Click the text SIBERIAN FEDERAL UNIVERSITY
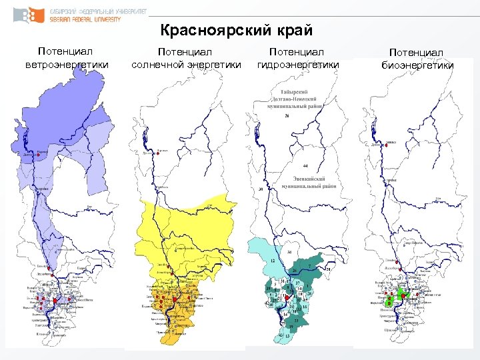pyautogui.click(x=85, y=20)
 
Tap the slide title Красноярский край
pyautogui.click(x=236, y=31)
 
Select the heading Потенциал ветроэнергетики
pyautogui.click(x=65, y=58)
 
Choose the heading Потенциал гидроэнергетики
pyautogui.click(x=297, y=58)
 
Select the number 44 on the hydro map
pyautogui.click(x=304, y=165)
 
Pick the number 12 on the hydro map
pyautogui.click(x=274, y=261)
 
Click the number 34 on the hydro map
pyautogui.click(x=289, y=253)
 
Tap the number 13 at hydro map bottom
pyautogui.click(x=287, y=335)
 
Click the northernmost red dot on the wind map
pyautogui.click(x=35, y=153)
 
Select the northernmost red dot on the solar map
pyautogui.click(x=156, y=153)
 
